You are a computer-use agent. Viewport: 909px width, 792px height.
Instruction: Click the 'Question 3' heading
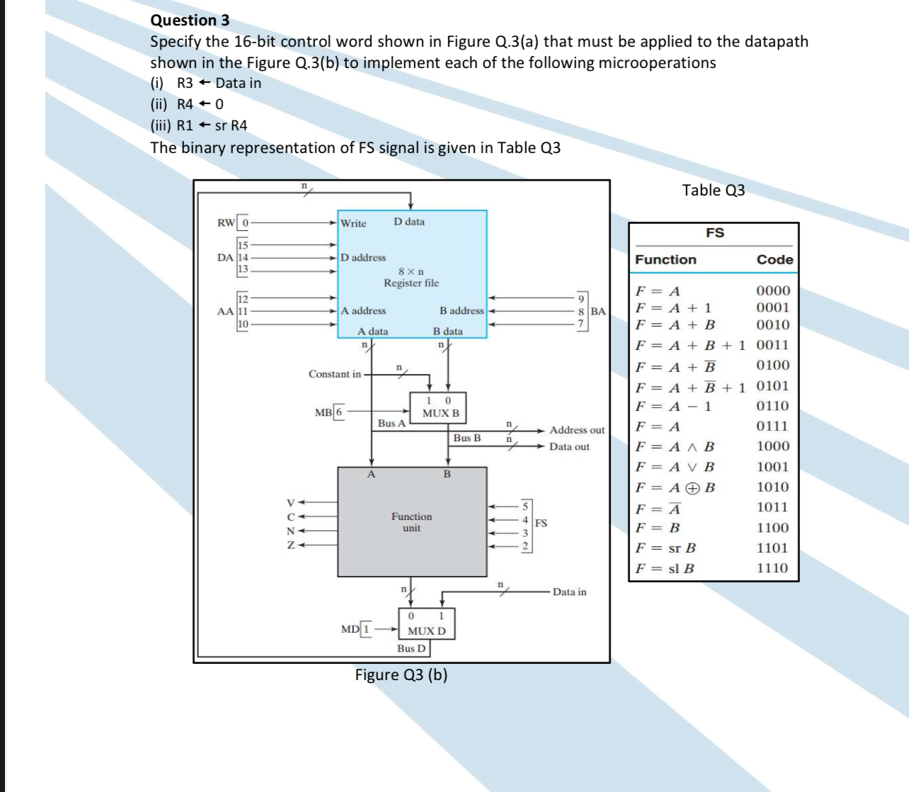click(x=190, y=20)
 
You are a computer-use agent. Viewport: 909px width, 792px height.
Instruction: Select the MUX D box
click(x=426, y=624)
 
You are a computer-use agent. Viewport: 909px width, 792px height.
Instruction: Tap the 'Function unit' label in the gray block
click(x=411, y=522)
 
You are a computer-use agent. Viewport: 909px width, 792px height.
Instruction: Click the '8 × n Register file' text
click(x=411, y=277)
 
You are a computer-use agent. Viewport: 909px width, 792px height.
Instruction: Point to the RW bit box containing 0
click(x=244, y=222)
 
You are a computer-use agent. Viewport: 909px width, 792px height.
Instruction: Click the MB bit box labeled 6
click(x=339, y=412)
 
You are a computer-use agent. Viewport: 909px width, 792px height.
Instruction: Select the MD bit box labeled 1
click(x=366, y=629)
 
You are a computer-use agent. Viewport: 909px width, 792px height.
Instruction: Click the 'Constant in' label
click(x=334, y=374)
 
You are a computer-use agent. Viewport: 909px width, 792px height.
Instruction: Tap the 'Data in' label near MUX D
click(x=569, y=592)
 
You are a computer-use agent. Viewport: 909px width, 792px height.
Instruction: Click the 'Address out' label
click(x=577, y=430)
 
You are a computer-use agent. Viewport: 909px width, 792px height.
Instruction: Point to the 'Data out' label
click(x=569, y=447)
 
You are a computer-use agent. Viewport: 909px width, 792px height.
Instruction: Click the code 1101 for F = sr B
click(x=772, y=548)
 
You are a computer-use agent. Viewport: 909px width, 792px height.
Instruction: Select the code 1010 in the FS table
click(x=772, y=487)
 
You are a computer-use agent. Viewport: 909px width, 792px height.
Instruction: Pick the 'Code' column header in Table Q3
click(x=774, y=259)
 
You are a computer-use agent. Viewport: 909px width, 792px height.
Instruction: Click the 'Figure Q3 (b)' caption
click(x=401, y=674)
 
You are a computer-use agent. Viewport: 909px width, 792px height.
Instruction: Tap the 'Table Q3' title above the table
click(x=713, y=190)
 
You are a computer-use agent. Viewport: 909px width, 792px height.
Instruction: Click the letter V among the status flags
click(x=290, y=502)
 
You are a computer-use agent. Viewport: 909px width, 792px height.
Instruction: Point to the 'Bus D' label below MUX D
click(x=411, y=648)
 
